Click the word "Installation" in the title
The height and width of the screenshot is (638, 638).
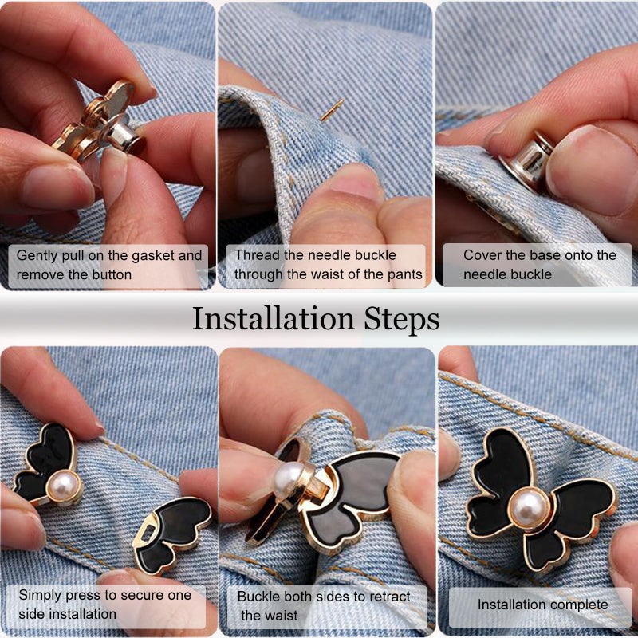274,319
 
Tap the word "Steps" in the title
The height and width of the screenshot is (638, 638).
402,321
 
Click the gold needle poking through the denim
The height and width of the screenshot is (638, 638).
332,110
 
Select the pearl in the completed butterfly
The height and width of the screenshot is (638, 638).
529,508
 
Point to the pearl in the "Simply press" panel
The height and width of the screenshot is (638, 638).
64,486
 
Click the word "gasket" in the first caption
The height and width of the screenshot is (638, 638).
152,255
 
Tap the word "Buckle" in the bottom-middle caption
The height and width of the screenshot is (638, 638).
258,597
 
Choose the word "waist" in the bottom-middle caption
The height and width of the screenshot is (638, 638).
282,616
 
